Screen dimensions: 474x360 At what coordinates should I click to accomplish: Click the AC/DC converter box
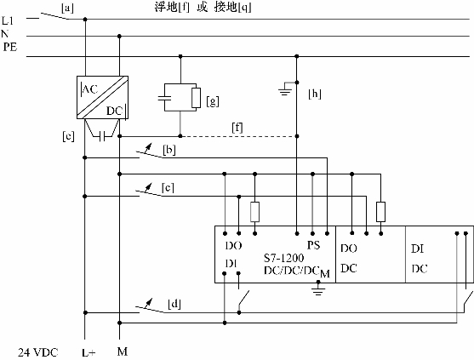point(102,97)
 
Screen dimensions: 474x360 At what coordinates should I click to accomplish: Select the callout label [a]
point(67,9)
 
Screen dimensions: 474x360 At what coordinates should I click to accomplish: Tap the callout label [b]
point(169,150)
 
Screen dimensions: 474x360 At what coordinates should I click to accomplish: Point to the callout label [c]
point(168,188)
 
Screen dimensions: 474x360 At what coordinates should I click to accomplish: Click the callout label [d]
point(174,304)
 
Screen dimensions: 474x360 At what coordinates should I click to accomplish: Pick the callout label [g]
point(213,101)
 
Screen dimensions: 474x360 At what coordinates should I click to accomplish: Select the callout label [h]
point(315,94)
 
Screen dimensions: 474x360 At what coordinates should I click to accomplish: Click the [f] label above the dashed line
point(237,128)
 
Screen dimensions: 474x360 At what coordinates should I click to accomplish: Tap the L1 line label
point(8,21)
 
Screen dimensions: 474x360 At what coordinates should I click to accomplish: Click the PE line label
point(10,47)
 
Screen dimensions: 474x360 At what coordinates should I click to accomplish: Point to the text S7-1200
point(284,258)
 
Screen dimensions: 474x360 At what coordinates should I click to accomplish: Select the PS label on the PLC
point(313,245)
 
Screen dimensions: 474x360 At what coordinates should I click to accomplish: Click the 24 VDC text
point(37,352)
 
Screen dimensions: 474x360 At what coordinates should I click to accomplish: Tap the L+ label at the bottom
point(89,352)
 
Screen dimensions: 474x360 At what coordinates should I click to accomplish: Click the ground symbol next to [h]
point(285,89)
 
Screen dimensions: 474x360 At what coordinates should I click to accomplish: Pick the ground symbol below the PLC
point(318,288)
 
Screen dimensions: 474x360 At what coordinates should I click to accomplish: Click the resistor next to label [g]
point(197,98)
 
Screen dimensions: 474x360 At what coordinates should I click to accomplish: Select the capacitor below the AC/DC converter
point(102,137)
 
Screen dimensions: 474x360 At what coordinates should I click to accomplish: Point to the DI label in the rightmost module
point(418,249)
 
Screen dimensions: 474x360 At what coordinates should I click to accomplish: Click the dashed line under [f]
point(238,136)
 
